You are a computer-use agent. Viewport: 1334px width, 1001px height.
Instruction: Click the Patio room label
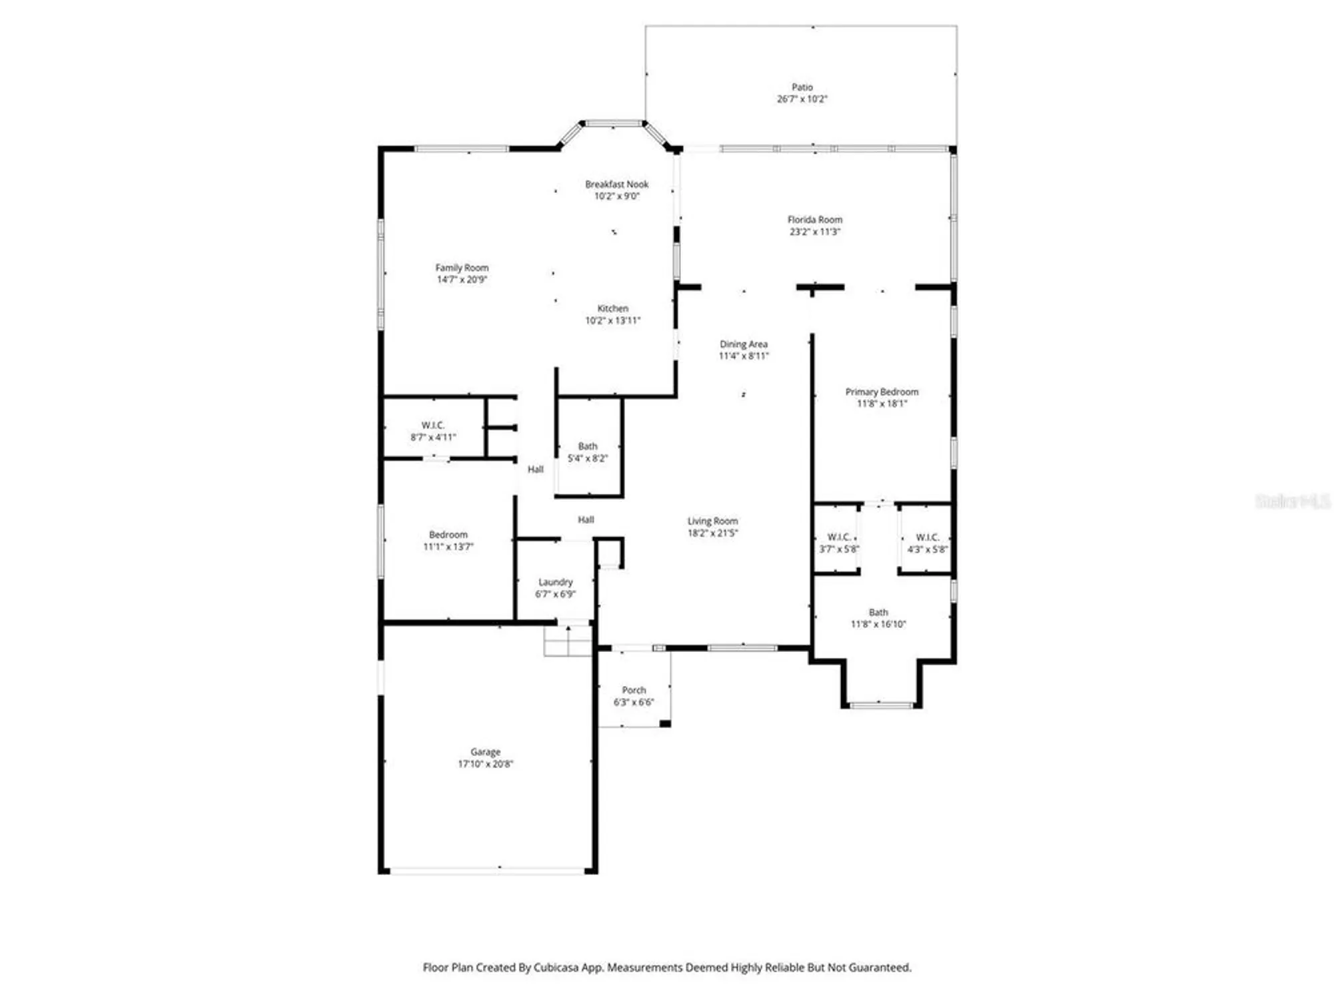point(802,87)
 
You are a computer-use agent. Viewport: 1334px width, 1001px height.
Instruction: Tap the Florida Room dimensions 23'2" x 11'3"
point(814,232)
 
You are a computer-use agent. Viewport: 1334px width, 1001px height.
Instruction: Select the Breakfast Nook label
point(616,184)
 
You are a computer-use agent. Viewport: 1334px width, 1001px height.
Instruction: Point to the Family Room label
point(462,268)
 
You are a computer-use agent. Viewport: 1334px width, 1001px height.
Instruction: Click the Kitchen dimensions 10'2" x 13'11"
point(612,320)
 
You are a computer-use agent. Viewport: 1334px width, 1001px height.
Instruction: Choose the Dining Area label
point(743,344)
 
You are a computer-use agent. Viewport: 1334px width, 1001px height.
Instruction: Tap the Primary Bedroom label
point(881,392)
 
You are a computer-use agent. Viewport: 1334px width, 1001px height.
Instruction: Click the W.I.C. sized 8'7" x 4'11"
point(433,431)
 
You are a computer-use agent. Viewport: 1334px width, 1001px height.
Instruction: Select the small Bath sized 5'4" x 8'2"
point(587,452)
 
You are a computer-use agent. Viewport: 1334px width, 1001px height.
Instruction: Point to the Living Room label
point(712,521)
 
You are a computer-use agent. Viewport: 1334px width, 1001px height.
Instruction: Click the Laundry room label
point(555,582)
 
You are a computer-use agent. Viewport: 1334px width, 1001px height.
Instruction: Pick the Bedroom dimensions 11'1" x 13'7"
point(448,547)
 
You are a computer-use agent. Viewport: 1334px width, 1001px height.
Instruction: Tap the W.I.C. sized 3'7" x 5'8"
point(838,543)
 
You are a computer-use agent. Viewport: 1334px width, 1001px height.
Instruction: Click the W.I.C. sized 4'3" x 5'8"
point(927,543)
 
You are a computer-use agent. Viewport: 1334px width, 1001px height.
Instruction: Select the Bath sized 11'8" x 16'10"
point(878,618)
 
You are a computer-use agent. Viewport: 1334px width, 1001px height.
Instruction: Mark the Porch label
point(634,690)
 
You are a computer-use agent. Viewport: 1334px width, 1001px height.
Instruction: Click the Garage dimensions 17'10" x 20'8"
point(485,764)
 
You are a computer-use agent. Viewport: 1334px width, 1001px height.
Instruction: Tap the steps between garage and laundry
point(568,641)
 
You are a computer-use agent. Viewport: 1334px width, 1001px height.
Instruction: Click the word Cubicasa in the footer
point(559,968)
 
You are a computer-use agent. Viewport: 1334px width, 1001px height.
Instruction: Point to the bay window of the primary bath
point(881,704)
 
